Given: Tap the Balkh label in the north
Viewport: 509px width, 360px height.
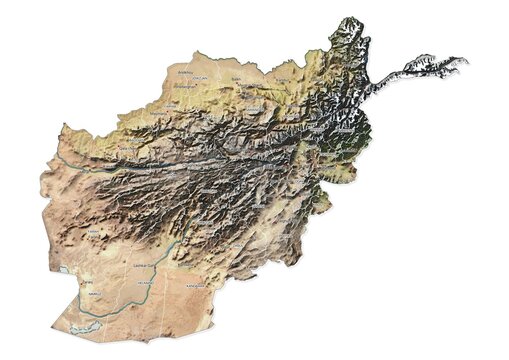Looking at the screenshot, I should click(236, 76).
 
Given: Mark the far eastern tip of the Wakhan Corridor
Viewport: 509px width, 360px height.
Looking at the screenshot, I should click(465, 62).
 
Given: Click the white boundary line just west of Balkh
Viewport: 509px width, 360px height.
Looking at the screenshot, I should click(222, 85).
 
